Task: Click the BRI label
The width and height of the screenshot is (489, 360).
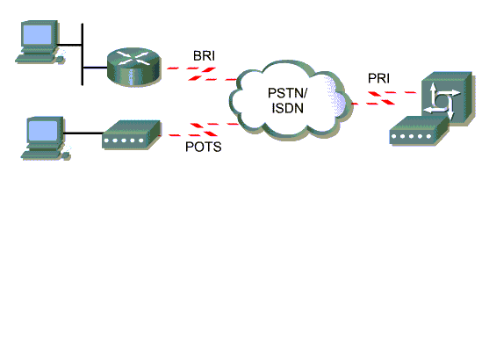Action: [x=204, y=56]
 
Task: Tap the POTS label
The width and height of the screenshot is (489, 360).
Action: [x=204, y=147]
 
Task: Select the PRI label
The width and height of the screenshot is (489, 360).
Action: [x=378, y=78]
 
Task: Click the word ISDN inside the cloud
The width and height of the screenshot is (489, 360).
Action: [x=288, y=108]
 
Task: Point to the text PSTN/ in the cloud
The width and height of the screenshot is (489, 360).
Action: [x=288, y=93]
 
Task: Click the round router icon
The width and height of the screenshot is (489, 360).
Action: [x=134, y=67]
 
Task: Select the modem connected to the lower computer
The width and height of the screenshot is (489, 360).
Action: [x=132, y=134]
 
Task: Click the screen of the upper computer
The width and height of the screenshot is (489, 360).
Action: [x=39, y=34]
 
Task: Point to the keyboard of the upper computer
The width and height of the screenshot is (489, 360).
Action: [x=35, y=59]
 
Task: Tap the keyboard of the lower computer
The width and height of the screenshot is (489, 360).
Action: [x=40, y=155]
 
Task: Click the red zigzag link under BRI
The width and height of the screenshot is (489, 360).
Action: [x=202, y=74]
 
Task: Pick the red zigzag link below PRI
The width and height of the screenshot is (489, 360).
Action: [x=384, y=98]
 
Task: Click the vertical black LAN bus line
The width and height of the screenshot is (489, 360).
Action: [x=83, y=54]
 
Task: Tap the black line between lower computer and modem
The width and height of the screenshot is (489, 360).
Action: [x=83, y=133]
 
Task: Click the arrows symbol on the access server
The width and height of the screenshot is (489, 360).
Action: [x=442, y=102]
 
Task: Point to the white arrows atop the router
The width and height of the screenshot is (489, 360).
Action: [x=134, y=58]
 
